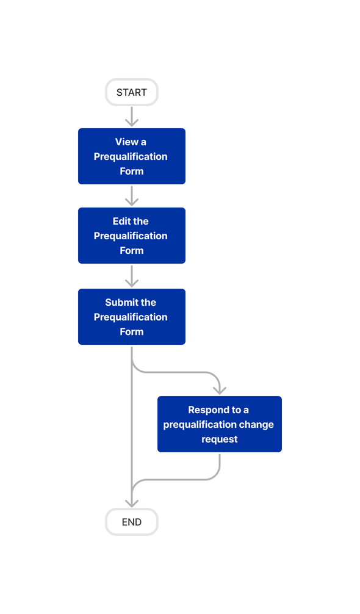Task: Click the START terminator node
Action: (x=132, y=93)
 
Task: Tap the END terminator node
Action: (x=132, y=522)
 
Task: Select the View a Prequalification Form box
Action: (x=132, y=156)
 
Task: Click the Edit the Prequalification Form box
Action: (x=132, y=236)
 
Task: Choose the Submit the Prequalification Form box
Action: (x=132, y=317)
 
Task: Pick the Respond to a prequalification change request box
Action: (x=220, y=424)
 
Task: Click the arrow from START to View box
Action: (x=132, y=117)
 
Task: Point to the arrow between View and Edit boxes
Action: (x=132, y=195)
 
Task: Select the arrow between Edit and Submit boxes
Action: (x=132, y=276)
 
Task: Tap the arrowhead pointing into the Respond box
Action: (x=220, y=389)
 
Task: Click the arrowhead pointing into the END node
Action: (x=132, y=502)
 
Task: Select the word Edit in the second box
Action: (x=121, y=221)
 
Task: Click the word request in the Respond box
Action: (x=220, y=439)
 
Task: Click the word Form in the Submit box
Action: (x=132, y=331)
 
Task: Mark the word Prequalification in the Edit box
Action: (x=131, y=236)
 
